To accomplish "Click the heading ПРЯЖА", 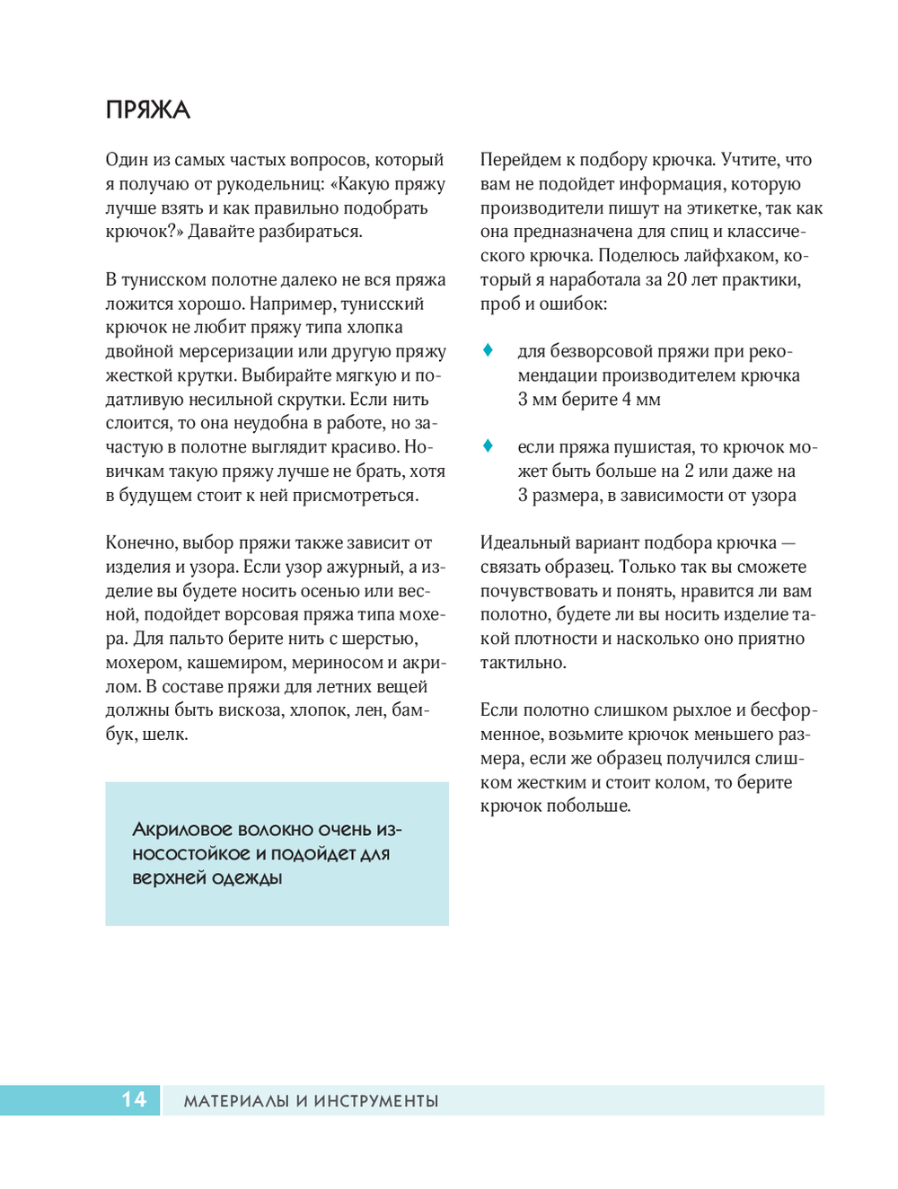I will tap(148, 110).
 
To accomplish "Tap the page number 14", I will tap(134, 1099).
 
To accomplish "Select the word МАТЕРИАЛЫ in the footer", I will tap(235, 1101).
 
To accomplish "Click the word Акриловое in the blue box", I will tap(182, 830).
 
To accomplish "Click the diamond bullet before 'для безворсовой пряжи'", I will tap(488, 350).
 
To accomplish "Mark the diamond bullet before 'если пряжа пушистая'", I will tap(488, 445).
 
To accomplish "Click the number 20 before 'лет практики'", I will tap(677, 279).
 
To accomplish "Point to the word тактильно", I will tap(522, 663).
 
